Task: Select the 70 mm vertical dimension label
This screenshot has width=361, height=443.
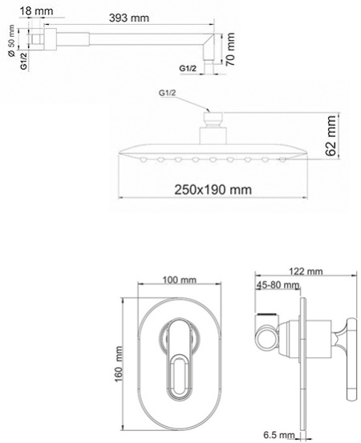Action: pos(230,48)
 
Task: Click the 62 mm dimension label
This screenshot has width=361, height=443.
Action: pos(331,136)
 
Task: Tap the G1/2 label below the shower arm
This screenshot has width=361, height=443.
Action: pos(189,68)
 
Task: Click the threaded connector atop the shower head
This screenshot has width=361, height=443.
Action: pos(213,120)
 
